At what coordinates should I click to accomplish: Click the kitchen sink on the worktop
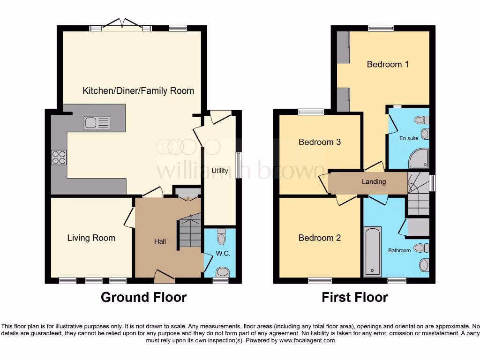[x=97, y=123]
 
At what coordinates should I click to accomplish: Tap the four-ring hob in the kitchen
[x=60, y=157]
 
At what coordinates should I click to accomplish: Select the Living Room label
[x=91, y=238]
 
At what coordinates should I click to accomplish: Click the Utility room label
[x=219, y=171]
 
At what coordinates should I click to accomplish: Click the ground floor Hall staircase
[x=189, y=232]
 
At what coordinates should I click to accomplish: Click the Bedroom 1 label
[x=388, y=64]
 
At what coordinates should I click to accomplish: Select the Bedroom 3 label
[x=320, y=142]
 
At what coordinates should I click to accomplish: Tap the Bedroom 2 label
[x=320, y=238]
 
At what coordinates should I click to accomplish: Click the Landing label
[x=374, y=182]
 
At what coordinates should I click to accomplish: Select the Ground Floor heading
[x=143, y=297]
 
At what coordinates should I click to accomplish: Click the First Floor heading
[x=355, y=297]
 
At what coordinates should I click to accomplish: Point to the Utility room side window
[x=239, y=165]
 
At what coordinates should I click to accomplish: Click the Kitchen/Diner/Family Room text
[x=138, y=91]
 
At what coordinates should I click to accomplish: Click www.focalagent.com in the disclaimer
[x=307, y=340]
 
